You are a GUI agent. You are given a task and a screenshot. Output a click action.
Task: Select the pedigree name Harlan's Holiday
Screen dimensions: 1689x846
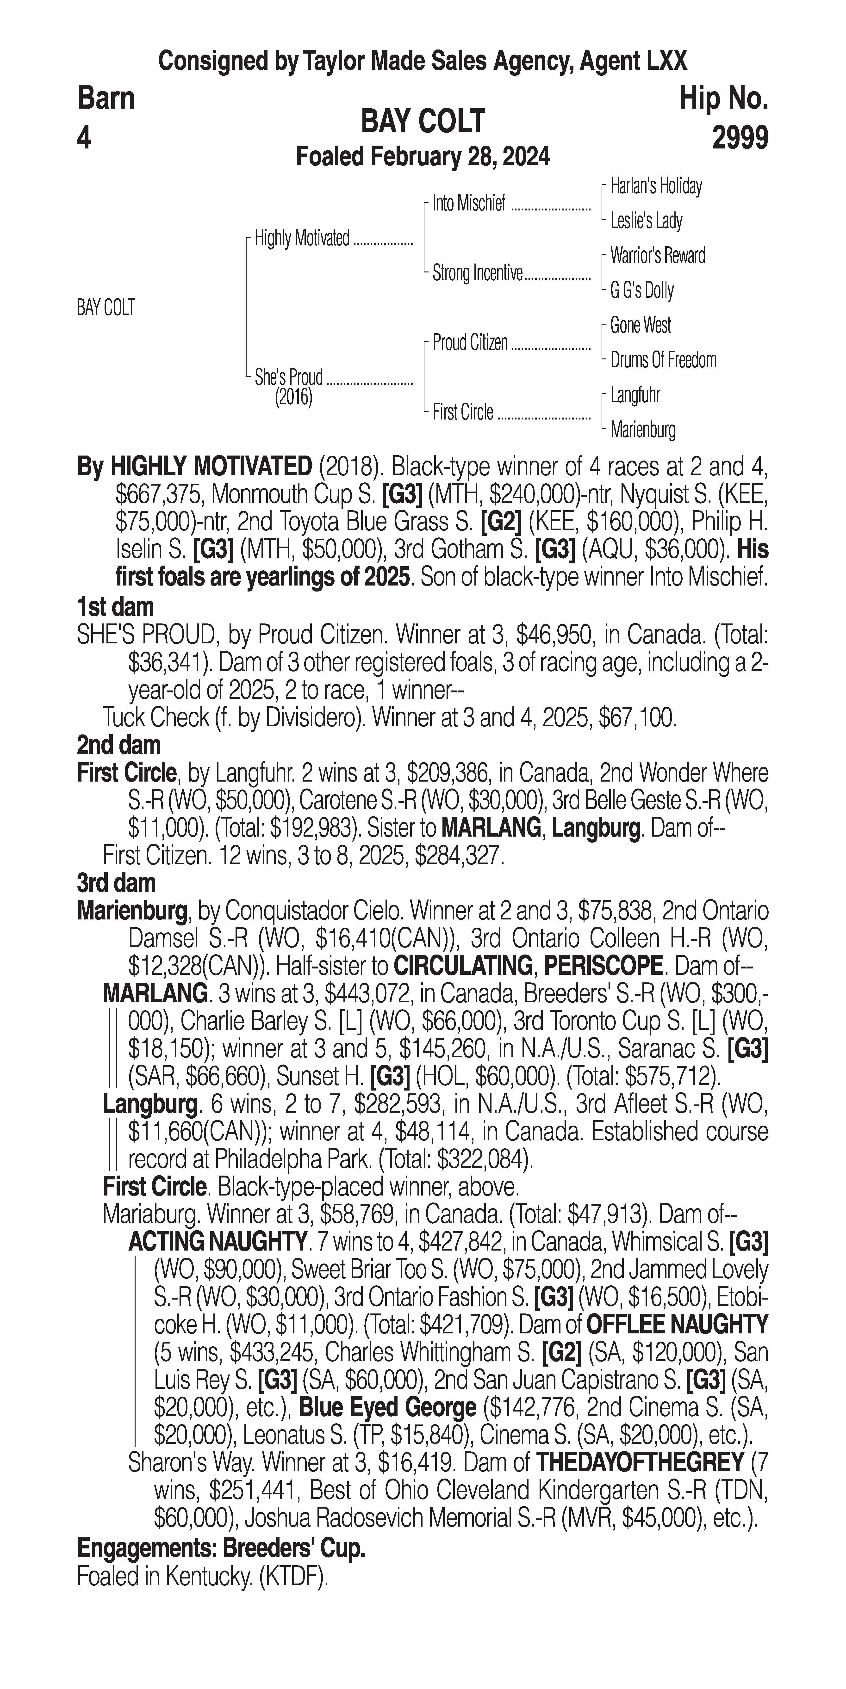[656, 186]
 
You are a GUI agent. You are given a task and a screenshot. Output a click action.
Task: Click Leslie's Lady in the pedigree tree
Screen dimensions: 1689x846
[646, 221]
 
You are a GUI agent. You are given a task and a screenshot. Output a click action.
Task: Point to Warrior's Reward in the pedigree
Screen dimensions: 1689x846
[657, 256]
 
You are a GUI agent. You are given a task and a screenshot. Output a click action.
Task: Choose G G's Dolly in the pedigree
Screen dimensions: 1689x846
[641, 290]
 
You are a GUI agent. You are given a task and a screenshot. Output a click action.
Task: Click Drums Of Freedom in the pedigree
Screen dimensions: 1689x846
[663, 360]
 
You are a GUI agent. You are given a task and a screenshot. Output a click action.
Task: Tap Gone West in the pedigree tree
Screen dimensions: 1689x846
[640, 325]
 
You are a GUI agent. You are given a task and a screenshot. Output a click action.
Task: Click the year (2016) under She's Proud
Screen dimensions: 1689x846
[293, 397]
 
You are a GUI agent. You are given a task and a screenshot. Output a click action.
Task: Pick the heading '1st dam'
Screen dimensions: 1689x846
[115, 606]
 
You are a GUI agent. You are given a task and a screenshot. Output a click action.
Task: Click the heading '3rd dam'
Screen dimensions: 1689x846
[116, 883]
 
